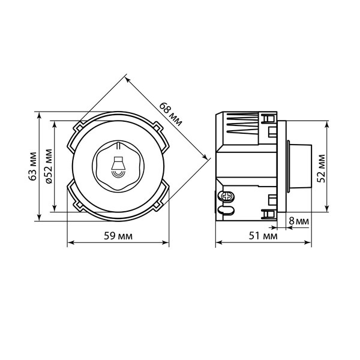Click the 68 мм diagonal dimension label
tap(170, 114)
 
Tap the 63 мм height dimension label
tap(33, 166)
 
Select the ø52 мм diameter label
tap(49, 166)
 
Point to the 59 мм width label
tap(118, 236)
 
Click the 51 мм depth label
tap(263, 236)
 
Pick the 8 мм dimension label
tap(299, 221)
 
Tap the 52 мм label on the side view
tap(321, 169)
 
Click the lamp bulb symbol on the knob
tap(118, 167)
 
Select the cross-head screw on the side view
tap(227, 197)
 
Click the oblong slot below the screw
tap(226, 210)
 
